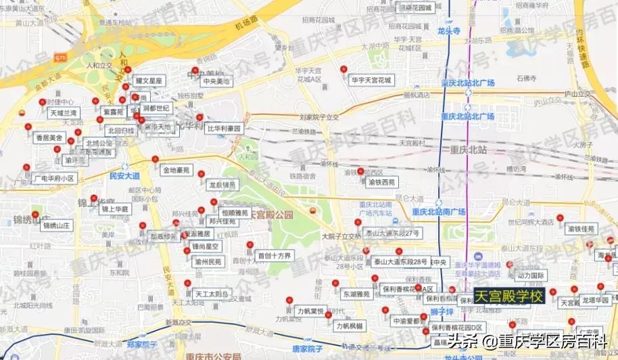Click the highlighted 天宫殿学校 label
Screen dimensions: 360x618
pos(509,296)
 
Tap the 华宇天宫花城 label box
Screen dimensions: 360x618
pos(371,79)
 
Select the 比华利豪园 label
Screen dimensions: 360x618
pos(224,128)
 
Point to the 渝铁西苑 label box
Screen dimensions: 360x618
pos(381,182)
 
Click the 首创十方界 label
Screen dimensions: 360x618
pos(274,256)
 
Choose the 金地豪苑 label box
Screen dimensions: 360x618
pos(176,170)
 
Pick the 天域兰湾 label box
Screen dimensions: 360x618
pos(63,113)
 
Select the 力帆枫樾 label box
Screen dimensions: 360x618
pos(350,325)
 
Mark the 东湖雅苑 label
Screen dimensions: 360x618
pos(356,294)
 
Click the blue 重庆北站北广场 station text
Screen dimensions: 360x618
pos(467,83)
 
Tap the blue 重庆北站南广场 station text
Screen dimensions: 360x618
pos(441,212)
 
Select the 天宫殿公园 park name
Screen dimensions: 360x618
pos(271,215)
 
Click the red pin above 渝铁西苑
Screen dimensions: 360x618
pos(361,171)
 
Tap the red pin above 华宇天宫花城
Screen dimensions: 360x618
pos(344,69)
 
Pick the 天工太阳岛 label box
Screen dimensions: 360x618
pos(212,294)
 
